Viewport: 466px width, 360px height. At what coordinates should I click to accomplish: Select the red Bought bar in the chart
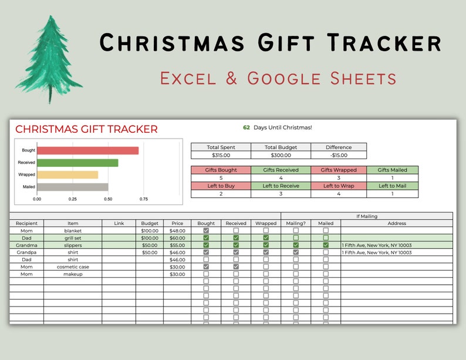point(88,150)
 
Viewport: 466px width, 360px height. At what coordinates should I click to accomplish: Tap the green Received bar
point(77,163)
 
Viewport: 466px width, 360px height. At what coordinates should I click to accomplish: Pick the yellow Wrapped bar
point(67,174)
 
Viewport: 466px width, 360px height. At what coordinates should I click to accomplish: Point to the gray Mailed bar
point(72,187)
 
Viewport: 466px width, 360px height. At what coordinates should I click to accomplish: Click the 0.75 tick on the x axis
point(143,199)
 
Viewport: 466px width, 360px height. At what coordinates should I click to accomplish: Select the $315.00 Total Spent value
point(221,155)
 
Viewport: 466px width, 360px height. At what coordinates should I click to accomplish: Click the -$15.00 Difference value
point(339,155)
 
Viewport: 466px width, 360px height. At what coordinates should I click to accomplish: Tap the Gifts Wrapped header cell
point(338,170)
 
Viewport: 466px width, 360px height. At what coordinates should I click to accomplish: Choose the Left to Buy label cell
point(221,186)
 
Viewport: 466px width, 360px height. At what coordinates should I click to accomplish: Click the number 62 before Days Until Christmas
point(246,127)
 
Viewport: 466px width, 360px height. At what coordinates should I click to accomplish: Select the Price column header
point(177,223)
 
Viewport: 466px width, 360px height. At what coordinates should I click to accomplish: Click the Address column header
point(397,223)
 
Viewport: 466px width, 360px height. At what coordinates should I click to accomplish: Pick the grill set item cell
point(73,238)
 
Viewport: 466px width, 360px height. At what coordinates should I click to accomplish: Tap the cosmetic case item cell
point(73,267)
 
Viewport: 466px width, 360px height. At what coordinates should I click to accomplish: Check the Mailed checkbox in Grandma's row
point(326,245)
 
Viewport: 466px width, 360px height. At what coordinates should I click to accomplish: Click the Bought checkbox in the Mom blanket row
point(206,231)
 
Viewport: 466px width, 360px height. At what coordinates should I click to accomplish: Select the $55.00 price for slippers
point(177,245)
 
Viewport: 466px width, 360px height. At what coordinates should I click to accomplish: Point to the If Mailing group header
point(367,216)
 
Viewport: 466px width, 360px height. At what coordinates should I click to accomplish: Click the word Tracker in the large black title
point(384,43)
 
